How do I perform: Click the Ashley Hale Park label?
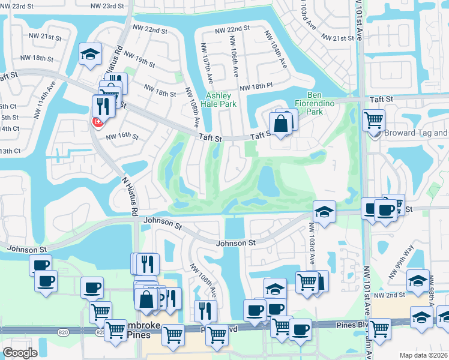pos(221,100)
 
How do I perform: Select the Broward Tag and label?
pos(416,133)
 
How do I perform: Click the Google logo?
pos(20,353)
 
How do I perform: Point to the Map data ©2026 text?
pos(423,355)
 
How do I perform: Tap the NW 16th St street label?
pos(122,136)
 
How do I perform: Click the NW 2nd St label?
pos(389,295)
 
